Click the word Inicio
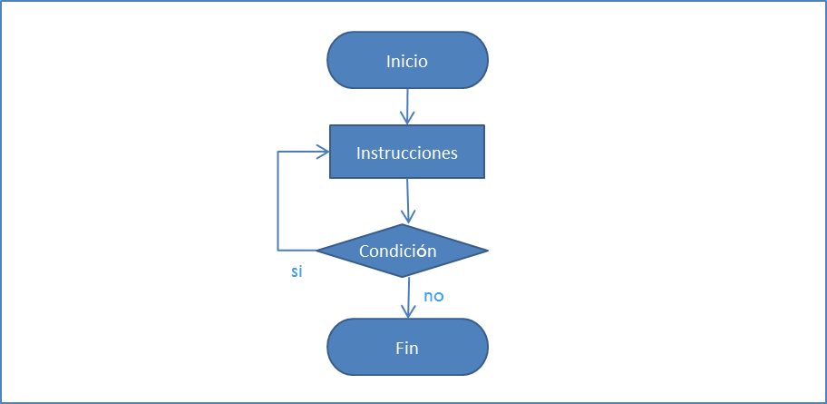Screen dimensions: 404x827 click(406, 62)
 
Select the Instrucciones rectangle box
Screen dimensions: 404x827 click(406, 152)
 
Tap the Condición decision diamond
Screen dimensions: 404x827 click(402, 251)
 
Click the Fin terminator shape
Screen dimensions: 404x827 click(406, 347)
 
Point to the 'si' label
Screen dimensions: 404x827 click(297, 272)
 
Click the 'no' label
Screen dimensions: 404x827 click(433, 296)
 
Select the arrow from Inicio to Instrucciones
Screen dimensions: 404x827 click(407, 104)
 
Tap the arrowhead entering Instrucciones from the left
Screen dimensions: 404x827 click(323, 152)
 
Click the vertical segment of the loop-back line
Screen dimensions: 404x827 click(278, 200)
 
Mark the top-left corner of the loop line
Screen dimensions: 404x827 click(278, 152)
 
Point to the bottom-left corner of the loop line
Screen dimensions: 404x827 click(278, 250)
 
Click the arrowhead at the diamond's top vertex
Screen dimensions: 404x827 click(407, 218)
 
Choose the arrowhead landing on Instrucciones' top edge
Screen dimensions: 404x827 click(407, 119)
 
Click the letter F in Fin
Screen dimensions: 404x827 click(399, 347)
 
